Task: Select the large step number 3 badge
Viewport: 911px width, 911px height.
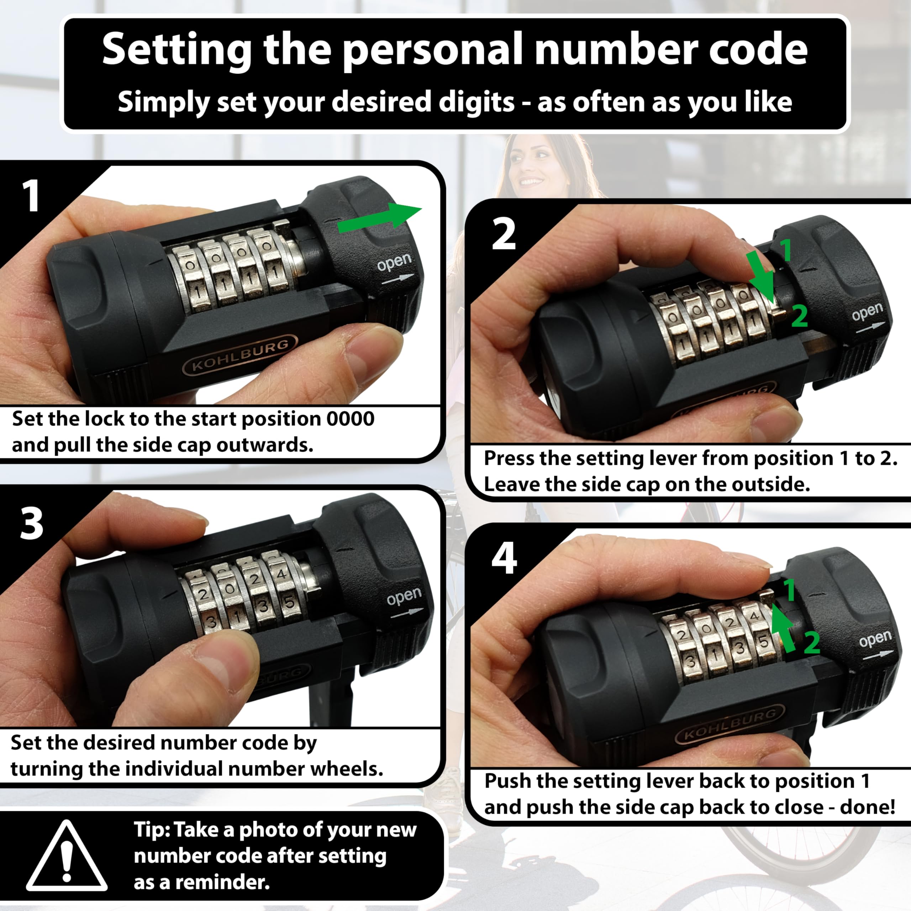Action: coord(32,523)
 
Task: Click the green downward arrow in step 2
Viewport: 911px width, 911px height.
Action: coord(760,276)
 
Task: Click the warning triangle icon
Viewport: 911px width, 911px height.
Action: coord(67,856)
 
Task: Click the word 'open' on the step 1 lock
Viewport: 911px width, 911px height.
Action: coord(395,263)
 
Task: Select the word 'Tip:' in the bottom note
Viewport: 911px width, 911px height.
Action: coord(153,831)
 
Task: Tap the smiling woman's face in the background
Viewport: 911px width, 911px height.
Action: coord(533,168)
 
